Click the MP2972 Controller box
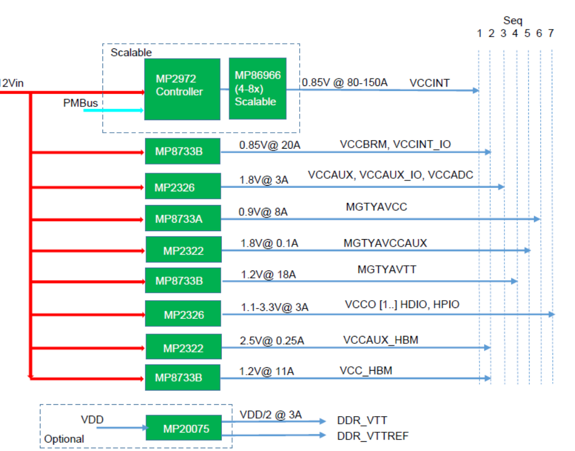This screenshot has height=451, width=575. [182, 89]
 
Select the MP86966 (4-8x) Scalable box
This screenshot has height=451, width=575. [257, 89]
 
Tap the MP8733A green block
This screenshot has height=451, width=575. [183, 218]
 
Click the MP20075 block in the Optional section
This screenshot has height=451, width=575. [183, 428]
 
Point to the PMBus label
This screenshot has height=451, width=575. [81, 103]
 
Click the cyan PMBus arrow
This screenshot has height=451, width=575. [113, 110]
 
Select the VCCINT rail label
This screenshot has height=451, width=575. [429, 83]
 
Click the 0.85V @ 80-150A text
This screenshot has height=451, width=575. [344, 83]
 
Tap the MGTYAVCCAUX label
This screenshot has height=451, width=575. [385, 243]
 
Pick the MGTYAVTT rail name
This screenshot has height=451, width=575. [387, 269]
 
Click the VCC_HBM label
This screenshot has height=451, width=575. [366, 371]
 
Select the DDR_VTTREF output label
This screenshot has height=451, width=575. [373, 436]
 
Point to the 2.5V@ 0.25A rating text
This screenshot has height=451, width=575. [272, 341]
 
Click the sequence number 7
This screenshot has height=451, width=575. [551, 34]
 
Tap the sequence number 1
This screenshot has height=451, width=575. [479, 34]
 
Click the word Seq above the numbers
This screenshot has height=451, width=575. [512, 20]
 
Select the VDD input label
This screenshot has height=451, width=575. [92, 420]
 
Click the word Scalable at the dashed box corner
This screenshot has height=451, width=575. [131, 52]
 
